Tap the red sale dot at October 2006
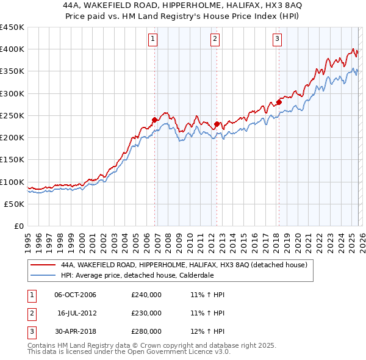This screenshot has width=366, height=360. (x=155, y=120)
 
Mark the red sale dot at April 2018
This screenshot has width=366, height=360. (x=279, y=103)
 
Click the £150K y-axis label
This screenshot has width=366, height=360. (x=12, y=160)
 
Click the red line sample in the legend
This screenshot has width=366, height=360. (x=42, y=265)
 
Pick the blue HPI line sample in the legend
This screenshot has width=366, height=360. (x=42, y=275)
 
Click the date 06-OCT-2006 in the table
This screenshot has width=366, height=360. (x=75, y=295)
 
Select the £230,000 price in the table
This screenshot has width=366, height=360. (x=146, y=313)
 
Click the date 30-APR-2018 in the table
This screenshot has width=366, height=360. (x=75, y=331)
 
